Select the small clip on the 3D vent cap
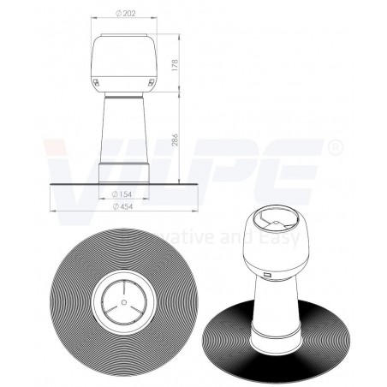point(266,276)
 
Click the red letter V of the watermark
point(68,163)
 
